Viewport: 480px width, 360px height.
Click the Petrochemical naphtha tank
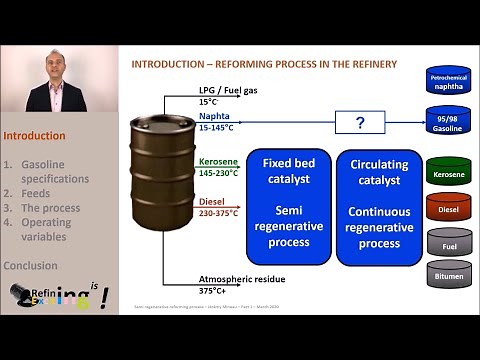tap(447, 83)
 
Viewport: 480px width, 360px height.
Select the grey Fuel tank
tap(447, 242)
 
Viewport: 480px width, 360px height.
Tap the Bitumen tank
tap(447, 275)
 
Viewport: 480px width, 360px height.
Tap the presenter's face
tap(55, 66)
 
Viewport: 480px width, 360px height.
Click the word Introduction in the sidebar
tap(34, 136)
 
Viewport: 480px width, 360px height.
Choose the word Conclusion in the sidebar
tap(30, 266)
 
